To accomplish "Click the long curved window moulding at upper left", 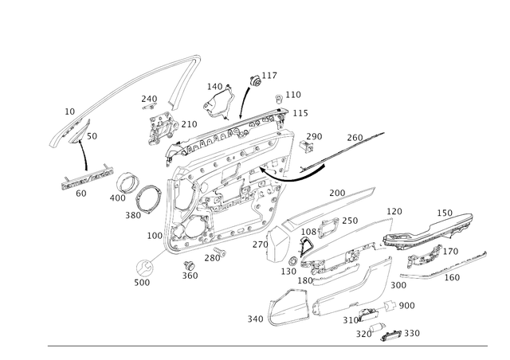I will point(127,88).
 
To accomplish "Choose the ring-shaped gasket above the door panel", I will point(218,100).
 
